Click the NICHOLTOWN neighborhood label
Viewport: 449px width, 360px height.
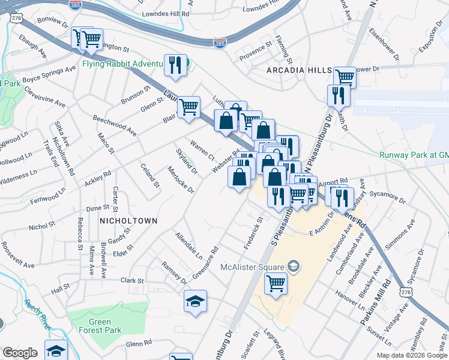click(128, 221)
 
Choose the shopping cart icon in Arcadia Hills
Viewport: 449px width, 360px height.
click(345, 77)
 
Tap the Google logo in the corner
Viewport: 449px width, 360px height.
click(20, 353)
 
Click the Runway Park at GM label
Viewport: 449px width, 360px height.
click(414, 155)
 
